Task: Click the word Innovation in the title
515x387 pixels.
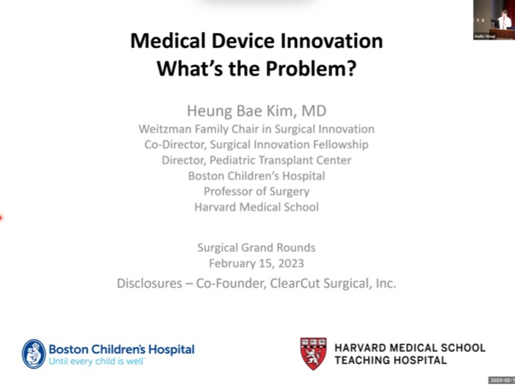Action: point(326,40)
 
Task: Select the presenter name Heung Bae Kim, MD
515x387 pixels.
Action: point(256,111)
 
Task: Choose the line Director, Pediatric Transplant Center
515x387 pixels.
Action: point(256,160)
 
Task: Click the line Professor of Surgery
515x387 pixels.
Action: point(256,191)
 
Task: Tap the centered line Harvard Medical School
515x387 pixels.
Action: point(256,207)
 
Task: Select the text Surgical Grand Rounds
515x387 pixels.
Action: point(256,248)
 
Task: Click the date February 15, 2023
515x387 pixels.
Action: point(256,263)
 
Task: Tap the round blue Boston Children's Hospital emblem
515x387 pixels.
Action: point(34,353)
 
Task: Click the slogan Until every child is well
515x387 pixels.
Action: point(97,361)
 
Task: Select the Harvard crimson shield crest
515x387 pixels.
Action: point(313,353)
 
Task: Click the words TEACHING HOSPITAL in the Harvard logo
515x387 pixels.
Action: point(391,360)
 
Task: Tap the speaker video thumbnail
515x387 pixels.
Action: point(493,19)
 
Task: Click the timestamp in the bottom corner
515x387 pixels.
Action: point(502,380)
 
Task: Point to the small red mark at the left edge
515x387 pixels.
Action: point(1,218)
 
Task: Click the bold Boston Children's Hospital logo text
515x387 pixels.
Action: point(122,349)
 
